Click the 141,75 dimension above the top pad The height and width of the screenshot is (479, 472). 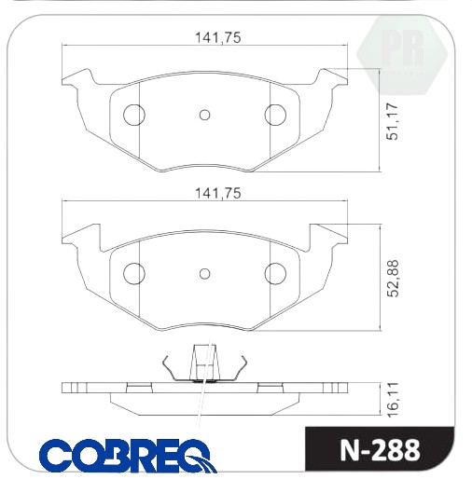tap(217, 37)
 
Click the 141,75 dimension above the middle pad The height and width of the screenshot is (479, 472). tap(217, 193)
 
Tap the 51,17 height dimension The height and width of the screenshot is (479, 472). tap(392, 121)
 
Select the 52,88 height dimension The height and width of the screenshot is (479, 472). tap(392, 279)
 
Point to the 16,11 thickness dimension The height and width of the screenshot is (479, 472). tap(392, 399)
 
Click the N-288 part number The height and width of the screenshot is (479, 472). tap(380, 450)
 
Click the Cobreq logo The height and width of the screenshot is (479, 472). tap(128, 456)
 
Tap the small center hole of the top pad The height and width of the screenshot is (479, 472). tap(204, 115)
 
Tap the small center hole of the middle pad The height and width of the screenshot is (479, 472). tap(204, 274)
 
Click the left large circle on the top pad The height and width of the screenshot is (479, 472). tap(134, 115)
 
